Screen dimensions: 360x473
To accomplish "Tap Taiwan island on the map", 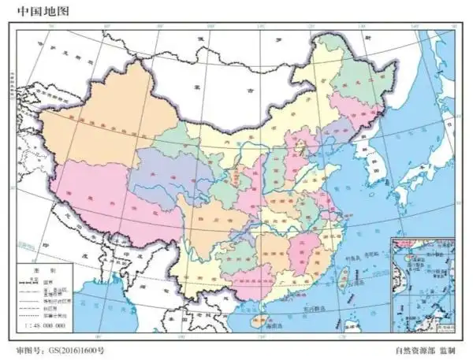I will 344,276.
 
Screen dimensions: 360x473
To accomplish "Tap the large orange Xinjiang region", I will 102,118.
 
